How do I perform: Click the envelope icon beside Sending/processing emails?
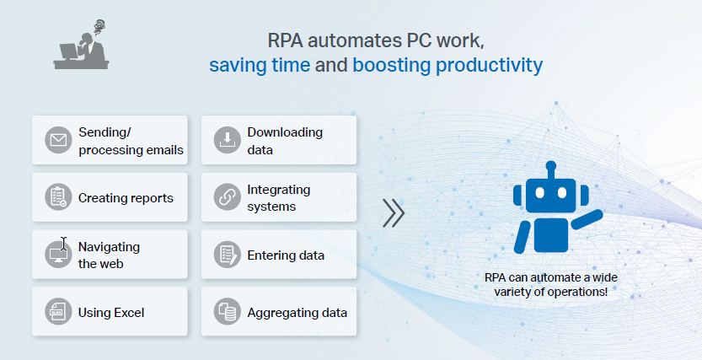click(58, 140)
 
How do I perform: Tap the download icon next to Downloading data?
click(228, 140)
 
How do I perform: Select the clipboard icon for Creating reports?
click(58, 197)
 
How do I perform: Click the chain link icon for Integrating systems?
click(228, 197)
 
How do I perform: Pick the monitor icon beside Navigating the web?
click(58, 255)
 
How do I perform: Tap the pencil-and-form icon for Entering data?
click(228, 255)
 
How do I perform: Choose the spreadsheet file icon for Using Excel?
click(58, 312)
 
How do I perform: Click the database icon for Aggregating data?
click(228, 312)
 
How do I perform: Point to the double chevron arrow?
click(394, 213)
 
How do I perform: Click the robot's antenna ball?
click(551, 166)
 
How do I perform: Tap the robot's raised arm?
click(587, 219)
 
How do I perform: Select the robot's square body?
click(551, 235)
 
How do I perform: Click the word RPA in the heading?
click(285, 40)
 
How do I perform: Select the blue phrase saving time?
click(260, 65)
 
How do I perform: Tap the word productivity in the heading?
click(490, 66)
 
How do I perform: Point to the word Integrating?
click(278, 190)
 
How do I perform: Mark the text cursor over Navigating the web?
click(63, 244)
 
